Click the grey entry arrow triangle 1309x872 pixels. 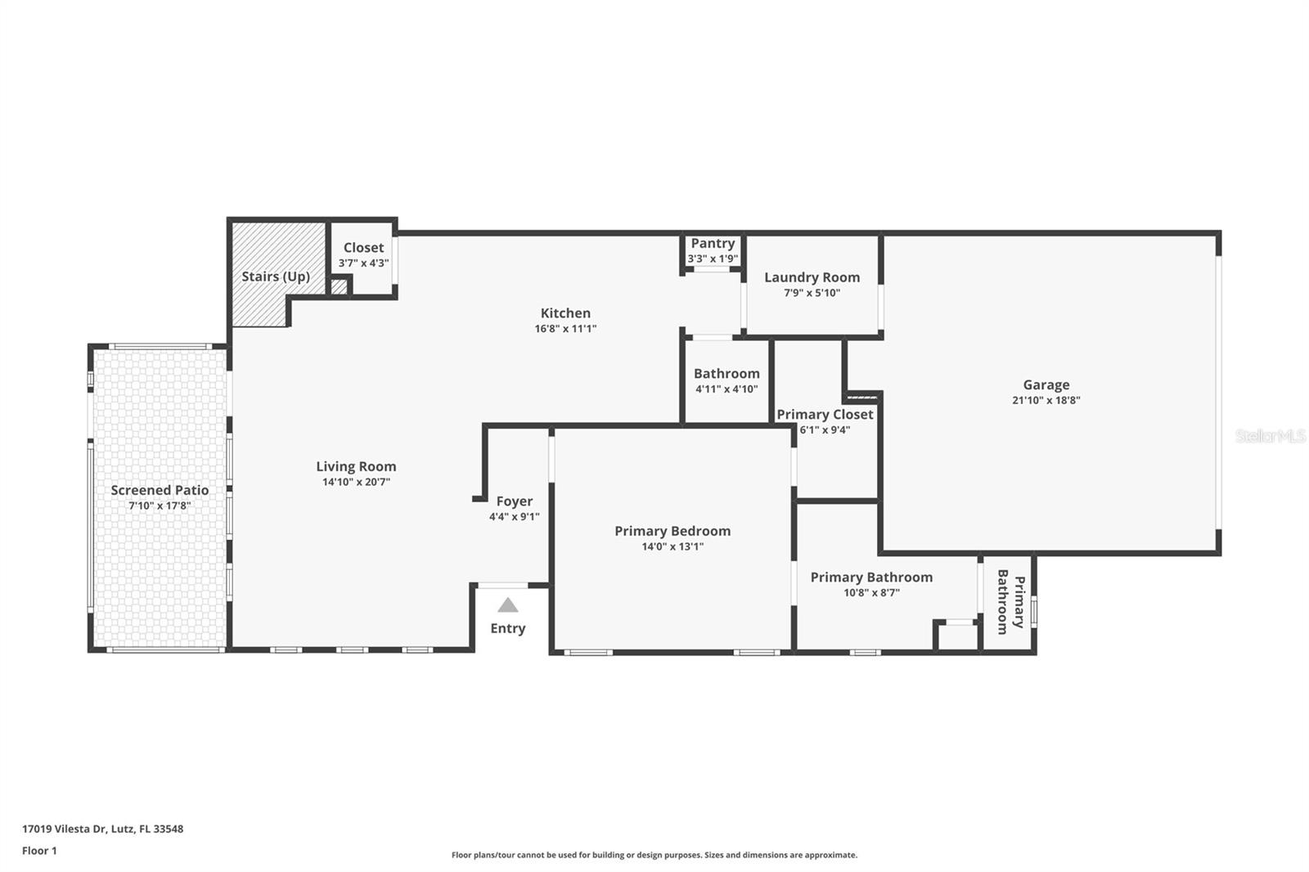click(508, 605)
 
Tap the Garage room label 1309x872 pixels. click(1046, 384)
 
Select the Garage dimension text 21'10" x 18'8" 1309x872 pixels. click(1046, 401)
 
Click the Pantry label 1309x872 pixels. click(713, 243)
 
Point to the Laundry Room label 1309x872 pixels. click(812, 277)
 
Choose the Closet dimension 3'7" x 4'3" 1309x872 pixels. click(363, 263)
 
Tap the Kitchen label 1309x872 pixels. click(565, 312)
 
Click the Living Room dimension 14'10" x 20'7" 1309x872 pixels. click(356, 483)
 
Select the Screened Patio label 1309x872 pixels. click(160, 490)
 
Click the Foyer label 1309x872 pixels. click(514, 501)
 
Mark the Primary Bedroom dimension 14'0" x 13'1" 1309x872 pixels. click(672, 546)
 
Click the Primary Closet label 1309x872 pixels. click(825, 415)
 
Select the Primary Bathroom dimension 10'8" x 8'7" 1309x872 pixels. click(871, 593)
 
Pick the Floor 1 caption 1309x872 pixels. click(39, 851)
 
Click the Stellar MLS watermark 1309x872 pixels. click(1270, 436)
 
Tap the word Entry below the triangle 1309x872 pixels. click(507, 628)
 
